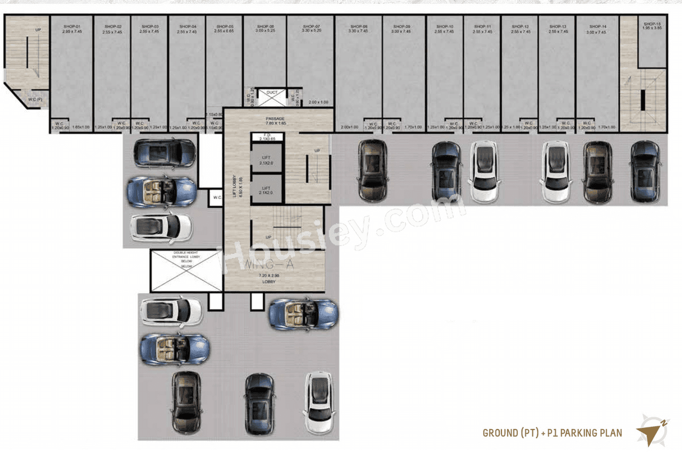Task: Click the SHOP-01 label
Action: coord(71,26)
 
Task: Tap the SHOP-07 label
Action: coord(311,26)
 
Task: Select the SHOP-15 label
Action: coord(652,24)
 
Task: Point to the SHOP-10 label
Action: coord(445,26)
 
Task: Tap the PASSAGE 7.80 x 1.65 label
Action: coord(276,121)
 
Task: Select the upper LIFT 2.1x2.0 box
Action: coord(266,160)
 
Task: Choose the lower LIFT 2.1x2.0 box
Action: coord(266,190)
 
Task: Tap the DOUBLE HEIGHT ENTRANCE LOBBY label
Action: coord(185,258)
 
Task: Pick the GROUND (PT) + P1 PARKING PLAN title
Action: coord(552,433)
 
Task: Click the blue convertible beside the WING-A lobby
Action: coord(303,314)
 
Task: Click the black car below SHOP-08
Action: coord(372,171)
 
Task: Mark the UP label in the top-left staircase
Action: coord(38,29)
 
